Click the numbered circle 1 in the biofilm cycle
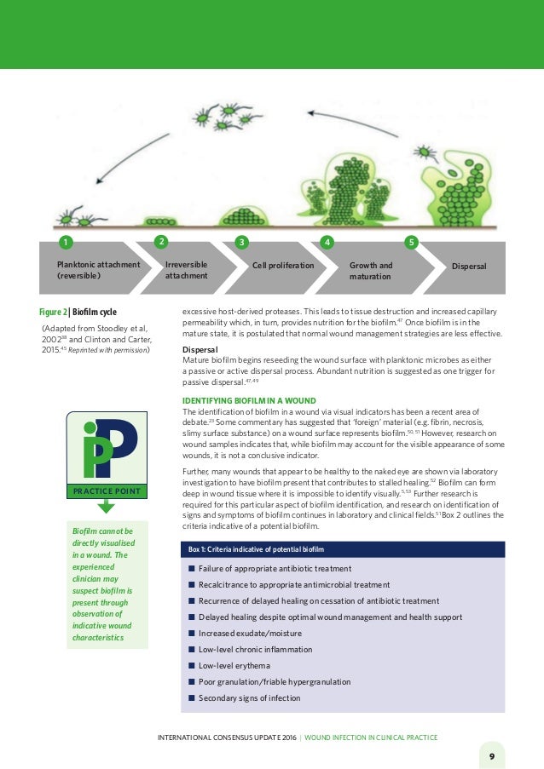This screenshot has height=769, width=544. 61,243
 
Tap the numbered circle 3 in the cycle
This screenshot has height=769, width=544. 241,243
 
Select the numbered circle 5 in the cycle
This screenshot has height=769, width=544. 412,243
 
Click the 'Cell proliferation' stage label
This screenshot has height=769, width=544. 283,266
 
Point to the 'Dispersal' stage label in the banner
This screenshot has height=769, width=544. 469,266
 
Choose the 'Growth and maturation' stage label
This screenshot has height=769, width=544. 371,271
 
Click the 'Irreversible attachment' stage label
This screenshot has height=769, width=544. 186,271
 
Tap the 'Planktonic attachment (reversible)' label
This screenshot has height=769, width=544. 98,271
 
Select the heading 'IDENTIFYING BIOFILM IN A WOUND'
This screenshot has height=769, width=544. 250,400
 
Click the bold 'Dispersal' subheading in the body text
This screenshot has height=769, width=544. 200,350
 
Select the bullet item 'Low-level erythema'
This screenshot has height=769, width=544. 234,665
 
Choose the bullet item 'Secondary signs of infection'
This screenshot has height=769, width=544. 249,698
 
